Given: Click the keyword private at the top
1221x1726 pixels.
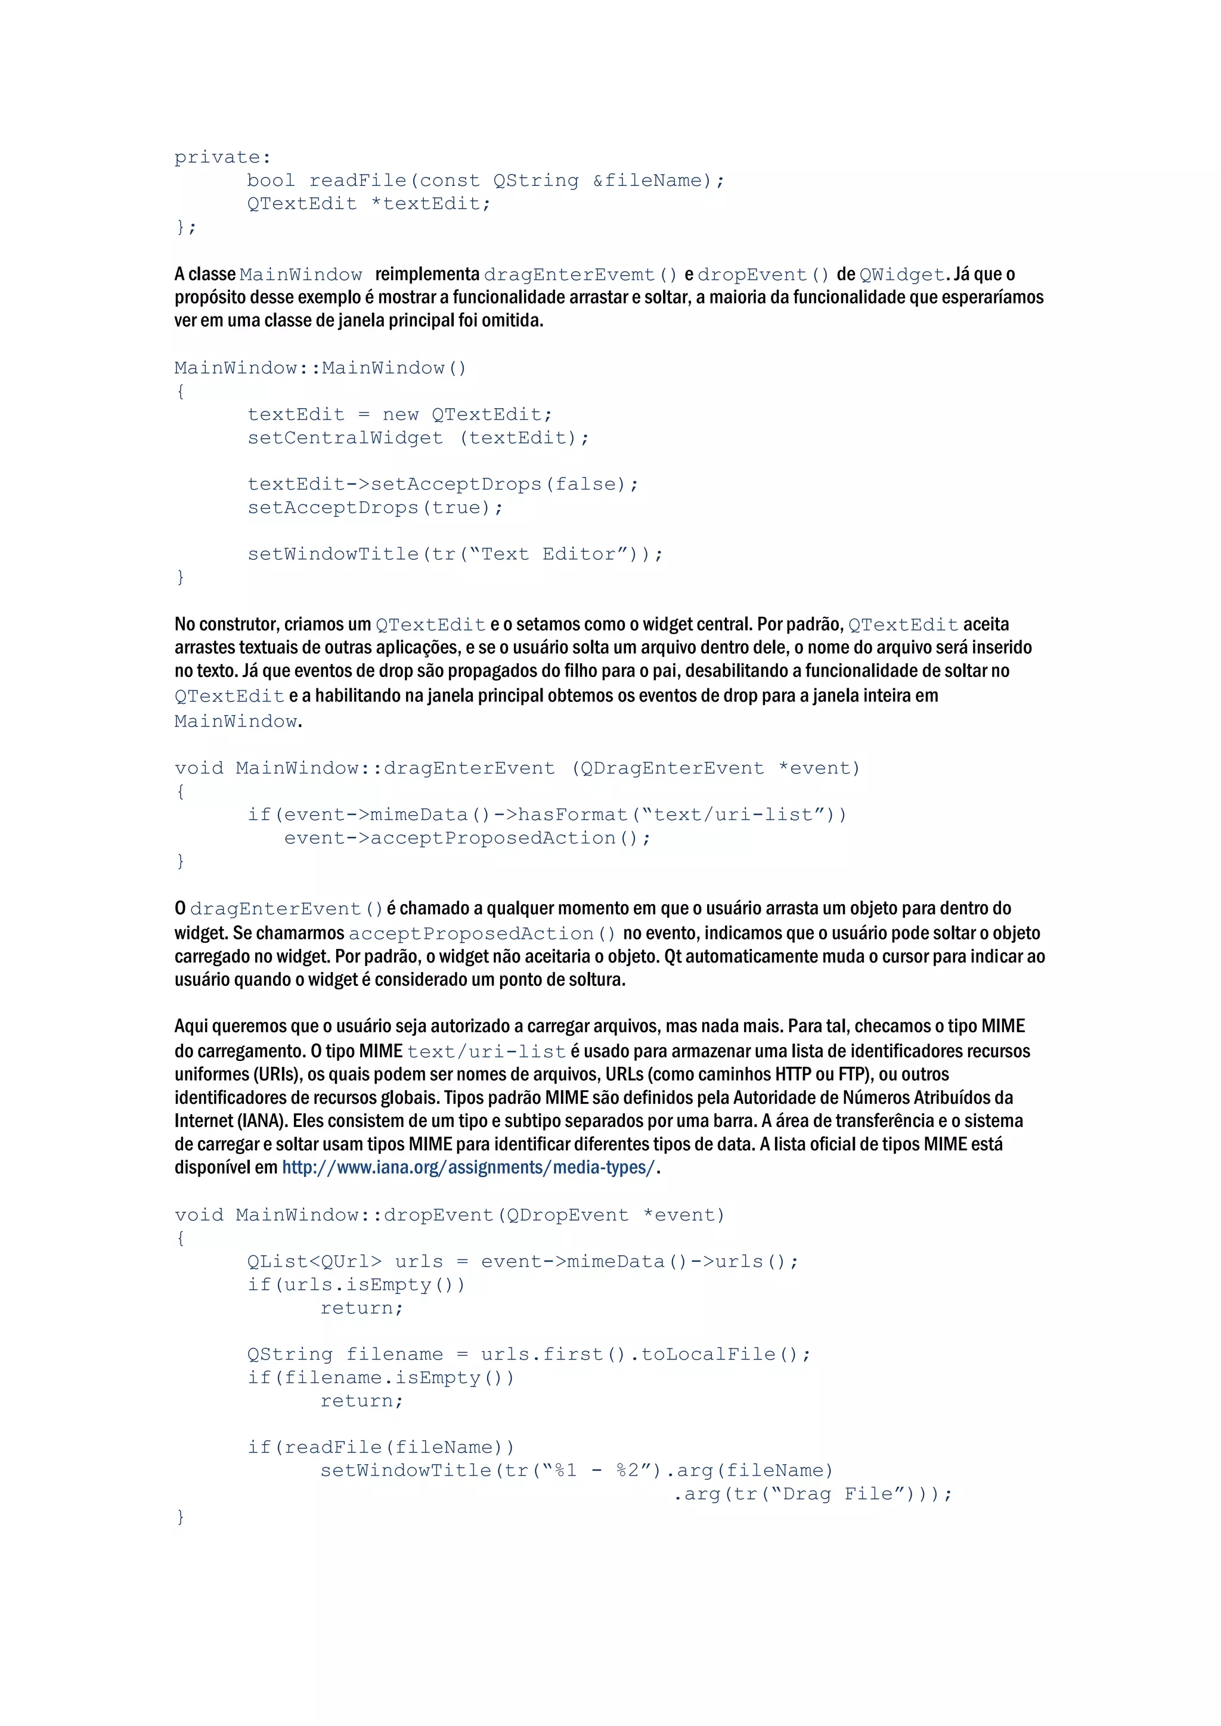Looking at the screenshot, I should pos(222,157).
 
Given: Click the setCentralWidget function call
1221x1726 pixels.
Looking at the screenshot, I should pos(345,437).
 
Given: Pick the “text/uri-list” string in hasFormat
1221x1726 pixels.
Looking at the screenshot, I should pos(733,815).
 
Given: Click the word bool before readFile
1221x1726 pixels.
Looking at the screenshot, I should pos(271,181).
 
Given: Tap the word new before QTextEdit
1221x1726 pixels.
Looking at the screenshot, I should pos(400,414).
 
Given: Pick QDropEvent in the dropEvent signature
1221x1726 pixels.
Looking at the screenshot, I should pos(568,1215).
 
